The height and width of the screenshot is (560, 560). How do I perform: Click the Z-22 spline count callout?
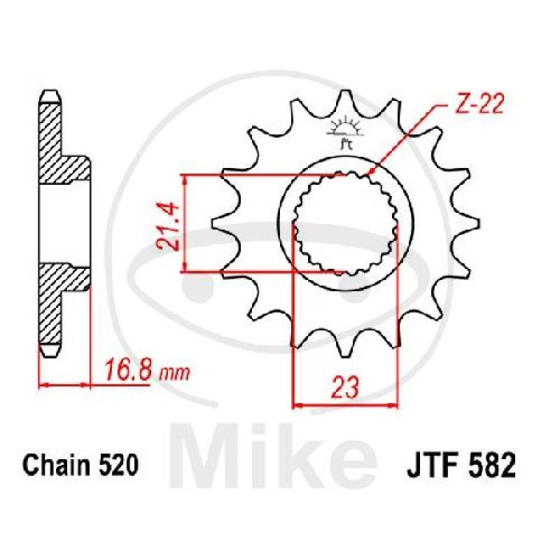click(480, 104)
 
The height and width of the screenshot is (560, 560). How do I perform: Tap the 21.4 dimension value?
click(167, 227)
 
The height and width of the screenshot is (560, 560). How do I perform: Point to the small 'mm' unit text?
click(174, 373)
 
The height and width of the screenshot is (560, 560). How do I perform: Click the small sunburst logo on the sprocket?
click(345, 131)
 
